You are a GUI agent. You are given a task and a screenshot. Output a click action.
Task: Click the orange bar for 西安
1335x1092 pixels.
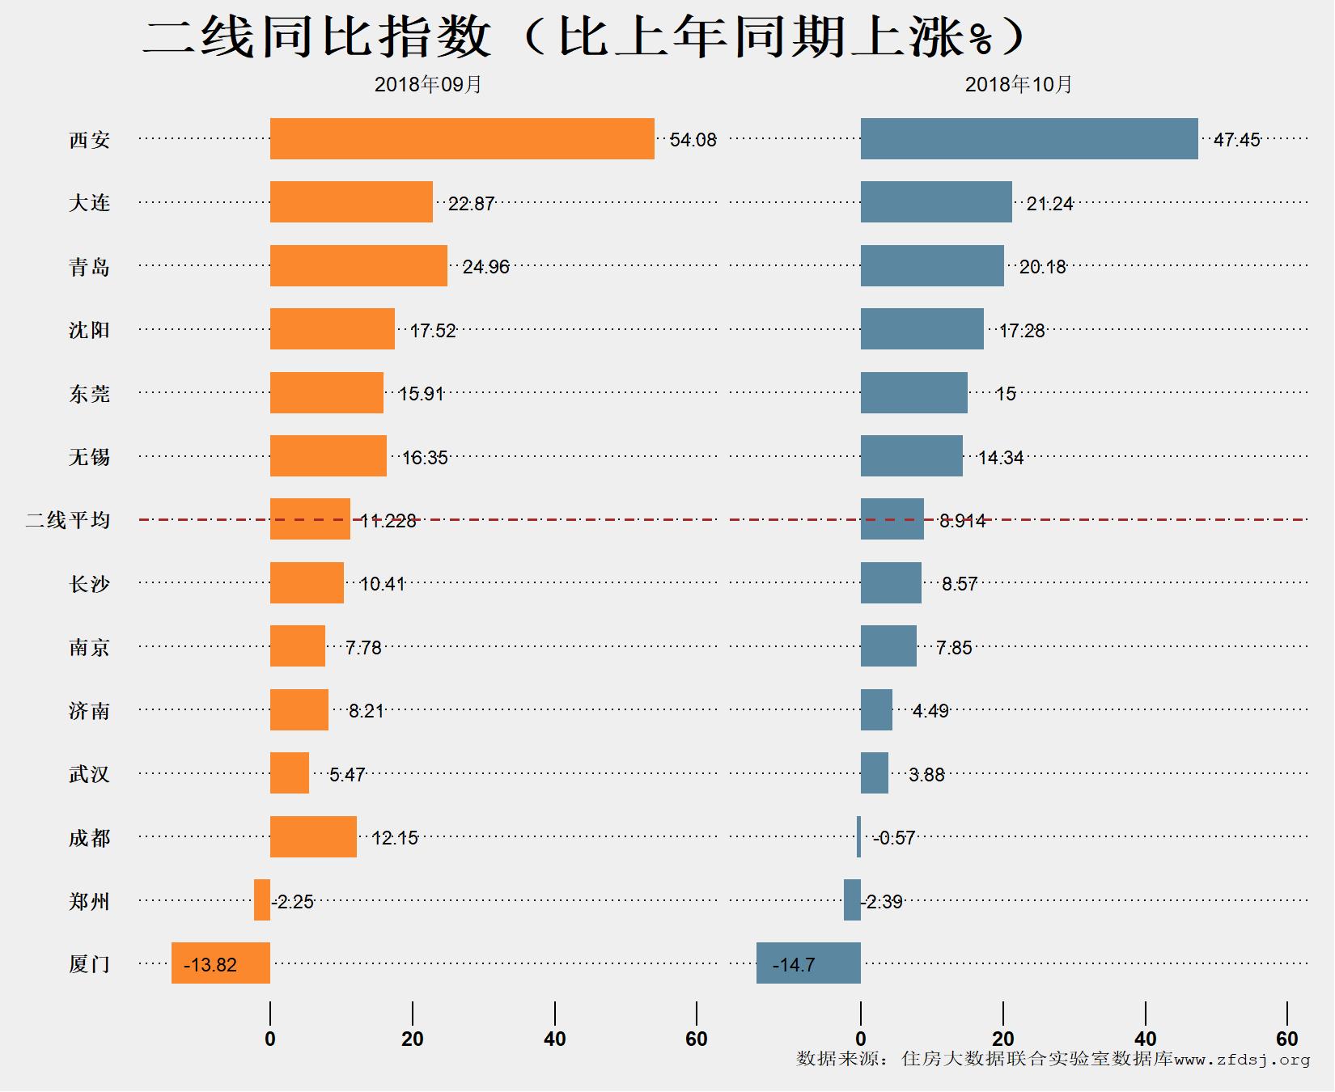coord(462,139)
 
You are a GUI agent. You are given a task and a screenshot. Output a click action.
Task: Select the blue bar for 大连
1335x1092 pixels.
coord(936,202)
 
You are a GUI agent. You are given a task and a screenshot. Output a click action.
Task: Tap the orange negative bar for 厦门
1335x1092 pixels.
coord(221,963)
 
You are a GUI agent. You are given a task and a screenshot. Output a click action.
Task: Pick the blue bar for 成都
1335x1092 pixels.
coord(858,837)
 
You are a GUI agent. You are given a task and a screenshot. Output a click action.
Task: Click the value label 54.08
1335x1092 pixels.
coord(693,140)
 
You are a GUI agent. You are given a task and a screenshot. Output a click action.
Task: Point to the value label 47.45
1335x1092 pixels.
coord(1236,140)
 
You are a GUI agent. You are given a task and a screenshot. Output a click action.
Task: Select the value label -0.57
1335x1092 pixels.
coord(894,838)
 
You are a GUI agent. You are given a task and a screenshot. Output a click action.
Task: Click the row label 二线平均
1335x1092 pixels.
coord(68,520)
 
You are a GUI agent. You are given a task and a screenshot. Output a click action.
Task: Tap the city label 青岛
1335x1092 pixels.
coord(89,267)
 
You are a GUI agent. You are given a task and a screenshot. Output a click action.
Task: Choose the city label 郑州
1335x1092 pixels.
coord(89,901)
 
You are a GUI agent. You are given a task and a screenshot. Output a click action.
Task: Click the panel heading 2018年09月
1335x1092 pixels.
coord(428,85)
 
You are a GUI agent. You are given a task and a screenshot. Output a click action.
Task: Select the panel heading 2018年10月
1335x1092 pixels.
coord(1019,85)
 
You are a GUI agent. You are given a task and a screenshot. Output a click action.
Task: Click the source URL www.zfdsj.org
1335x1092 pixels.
coord(1242,1059)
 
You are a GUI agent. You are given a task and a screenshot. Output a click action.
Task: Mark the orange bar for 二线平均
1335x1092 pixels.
coord(310,519)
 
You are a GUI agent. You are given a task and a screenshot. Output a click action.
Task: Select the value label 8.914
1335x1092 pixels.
coord(962,521)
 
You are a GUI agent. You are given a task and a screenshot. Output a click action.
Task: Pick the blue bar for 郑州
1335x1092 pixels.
coord(852,900)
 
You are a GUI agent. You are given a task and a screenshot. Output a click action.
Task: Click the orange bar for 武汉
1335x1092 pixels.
coord(290,773)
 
